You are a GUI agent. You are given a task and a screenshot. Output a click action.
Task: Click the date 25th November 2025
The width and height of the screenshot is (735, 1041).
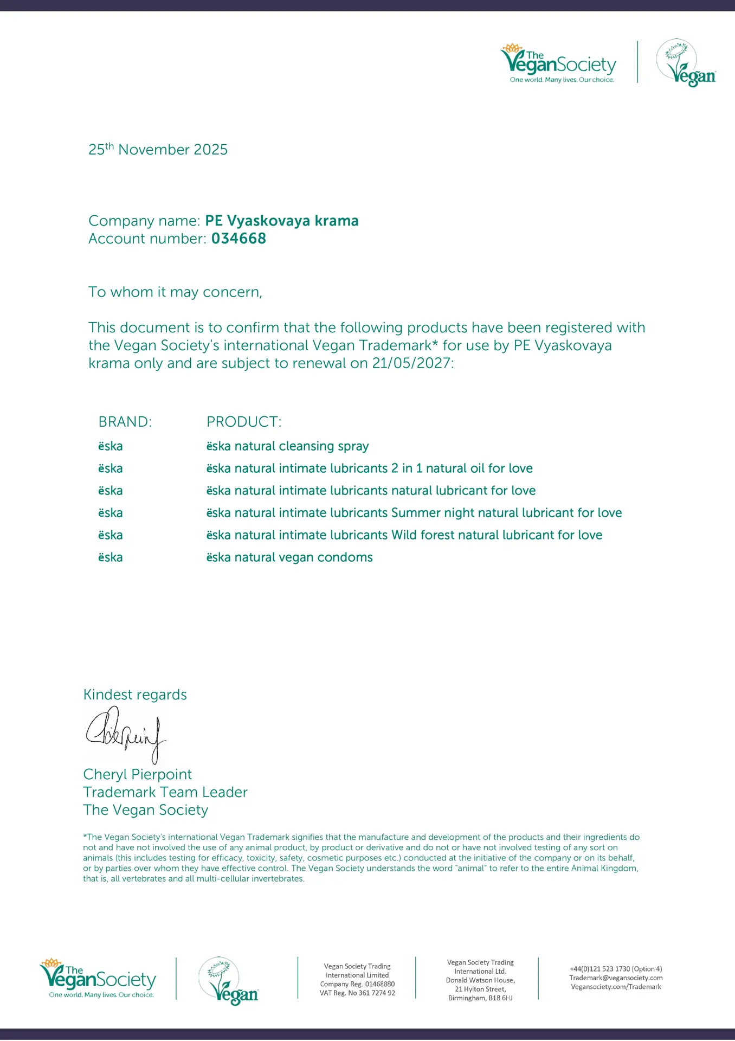click(158, 149)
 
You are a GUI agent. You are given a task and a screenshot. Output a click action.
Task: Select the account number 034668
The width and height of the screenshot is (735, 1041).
click(238, 239)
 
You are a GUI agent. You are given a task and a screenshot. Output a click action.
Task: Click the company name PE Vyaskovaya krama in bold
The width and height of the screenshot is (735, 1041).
click(282, 221)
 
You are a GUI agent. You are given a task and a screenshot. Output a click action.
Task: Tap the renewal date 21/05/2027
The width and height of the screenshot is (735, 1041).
click(411, 363)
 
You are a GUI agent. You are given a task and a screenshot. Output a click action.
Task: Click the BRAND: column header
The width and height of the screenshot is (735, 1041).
click(125, 422)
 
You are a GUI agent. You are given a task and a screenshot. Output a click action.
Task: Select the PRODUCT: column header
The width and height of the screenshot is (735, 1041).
click(244, 422)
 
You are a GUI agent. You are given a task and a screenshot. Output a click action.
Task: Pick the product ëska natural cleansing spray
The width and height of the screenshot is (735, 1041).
click(287, 446)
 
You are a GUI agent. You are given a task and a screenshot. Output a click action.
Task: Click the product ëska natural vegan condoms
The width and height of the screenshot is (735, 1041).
click(289, 557)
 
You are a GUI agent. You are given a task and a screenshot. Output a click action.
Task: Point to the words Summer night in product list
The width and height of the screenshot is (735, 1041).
click(427, 513)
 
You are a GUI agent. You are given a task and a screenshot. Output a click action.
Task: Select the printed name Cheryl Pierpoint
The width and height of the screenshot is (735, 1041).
click(138, 774)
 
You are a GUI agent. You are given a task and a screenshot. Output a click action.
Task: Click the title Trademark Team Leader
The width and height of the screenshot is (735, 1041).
click(165, 792)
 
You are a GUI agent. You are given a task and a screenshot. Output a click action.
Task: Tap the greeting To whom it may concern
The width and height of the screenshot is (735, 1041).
click(175, 292)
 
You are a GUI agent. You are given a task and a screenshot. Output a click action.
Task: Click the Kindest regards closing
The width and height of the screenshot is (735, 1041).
click(135, 695)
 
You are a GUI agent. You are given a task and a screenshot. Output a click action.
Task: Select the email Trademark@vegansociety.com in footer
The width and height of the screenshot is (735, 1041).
click(616, 978)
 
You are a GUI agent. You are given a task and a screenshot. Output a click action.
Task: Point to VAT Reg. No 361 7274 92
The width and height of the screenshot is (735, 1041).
click(357, 993)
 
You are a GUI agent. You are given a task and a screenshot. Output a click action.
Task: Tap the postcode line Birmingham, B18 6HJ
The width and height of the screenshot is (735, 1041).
click(480, 998)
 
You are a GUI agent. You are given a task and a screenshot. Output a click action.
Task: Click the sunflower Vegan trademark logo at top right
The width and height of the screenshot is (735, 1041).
click(686, 63)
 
